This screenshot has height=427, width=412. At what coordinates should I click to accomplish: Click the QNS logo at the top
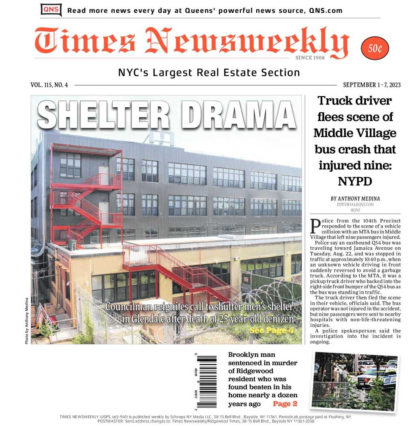(x=51, y=10)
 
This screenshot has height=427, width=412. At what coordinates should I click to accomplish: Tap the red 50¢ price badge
(x=375, y=49)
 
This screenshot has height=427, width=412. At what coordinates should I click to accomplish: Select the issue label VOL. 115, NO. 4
(x=49, y=85)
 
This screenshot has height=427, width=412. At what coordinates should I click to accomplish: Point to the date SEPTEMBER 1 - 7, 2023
(x=372, y=85)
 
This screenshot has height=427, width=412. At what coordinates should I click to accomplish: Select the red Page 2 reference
(x=285, y=404)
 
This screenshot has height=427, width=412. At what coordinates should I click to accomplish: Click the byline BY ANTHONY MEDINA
(x=355, y=199)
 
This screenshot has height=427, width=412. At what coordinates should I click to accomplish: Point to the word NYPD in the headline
(x=355, y=181)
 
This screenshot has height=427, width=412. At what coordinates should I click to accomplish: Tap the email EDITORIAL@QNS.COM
(x=355, y=205)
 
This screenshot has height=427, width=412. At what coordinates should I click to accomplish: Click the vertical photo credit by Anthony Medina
(x=27, y=320)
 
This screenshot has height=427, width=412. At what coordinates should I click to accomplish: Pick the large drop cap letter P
(x=315, y=225)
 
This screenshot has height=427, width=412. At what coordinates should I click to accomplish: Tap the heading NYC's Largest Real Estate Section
(x=209, y=73)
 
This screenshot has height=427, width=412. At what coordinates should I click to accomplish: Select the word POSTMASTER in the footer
(x=112, y=421)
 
